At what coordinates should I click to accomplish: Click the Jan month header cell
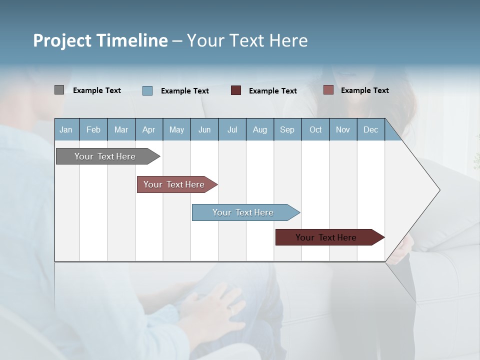point(66,129)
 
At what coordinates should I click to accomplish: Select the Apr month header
point(149,129)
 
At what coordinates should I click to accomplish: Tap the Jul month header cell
point(232,129)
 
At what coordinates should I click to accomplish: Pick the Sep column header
point(287,129)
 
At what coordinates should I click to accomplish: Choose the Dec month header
point(371,129)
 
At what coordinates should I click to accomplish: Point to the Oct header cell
point(315,129)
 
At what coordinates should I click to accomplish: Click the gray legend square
point(59,90)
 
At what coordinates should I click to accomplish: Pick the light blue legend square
point(147,90)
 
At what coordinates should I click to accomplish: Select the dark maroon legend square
point(236,90)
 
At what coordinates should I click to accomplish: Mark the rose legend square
point(328,90)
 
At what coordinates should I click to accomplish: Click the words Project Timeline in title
point(100,40)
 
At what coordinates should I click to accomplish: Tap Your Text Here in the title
point(247,40)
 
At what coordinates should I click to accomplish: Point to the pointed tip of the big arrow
point(439,190)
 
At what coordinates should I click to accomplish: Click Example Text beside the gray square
point(97,90)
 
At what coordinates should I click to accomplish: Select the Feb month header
point(93,129)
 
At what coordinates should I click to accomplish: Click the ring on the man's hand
point(231,310)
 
